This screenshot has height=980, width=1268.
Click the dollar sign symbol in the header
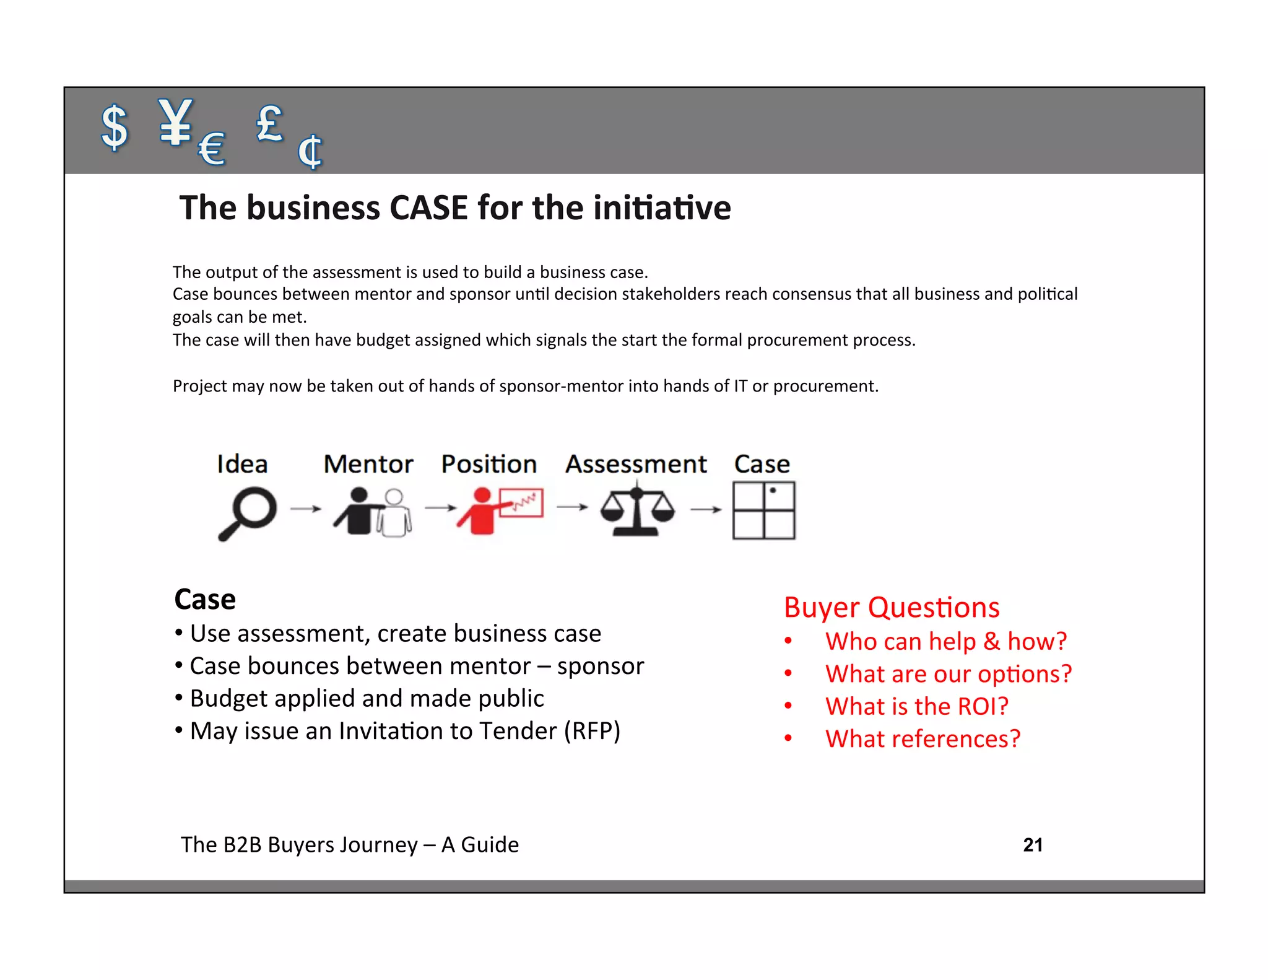(115, 127)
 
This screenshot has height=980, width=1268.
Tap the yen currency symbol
(175, 122)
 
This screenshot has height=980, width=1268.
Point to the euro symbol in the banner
(212, 149)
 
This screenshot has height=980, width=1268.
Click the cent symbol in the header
(310, 151)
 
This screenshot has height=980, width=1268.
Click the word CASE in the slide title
(428, 208)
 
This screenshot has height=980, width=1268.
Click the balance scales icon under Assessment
(636, 511)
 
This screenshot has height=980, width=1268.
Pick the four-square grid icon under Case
(763, 511)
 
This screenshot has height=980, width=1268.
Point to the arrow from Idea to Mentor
(306, 509)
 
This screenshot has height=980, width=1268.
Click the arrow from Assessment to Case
(706, 509)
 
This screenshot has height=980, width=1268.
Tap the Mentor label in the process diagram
(368, 464)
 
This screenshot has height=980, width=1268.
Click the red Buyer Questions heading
(892, 607)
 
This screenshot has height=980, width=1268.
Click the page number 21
(1033, 845)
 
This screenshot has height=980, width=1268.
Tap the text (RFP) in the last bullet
(591, 731)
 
